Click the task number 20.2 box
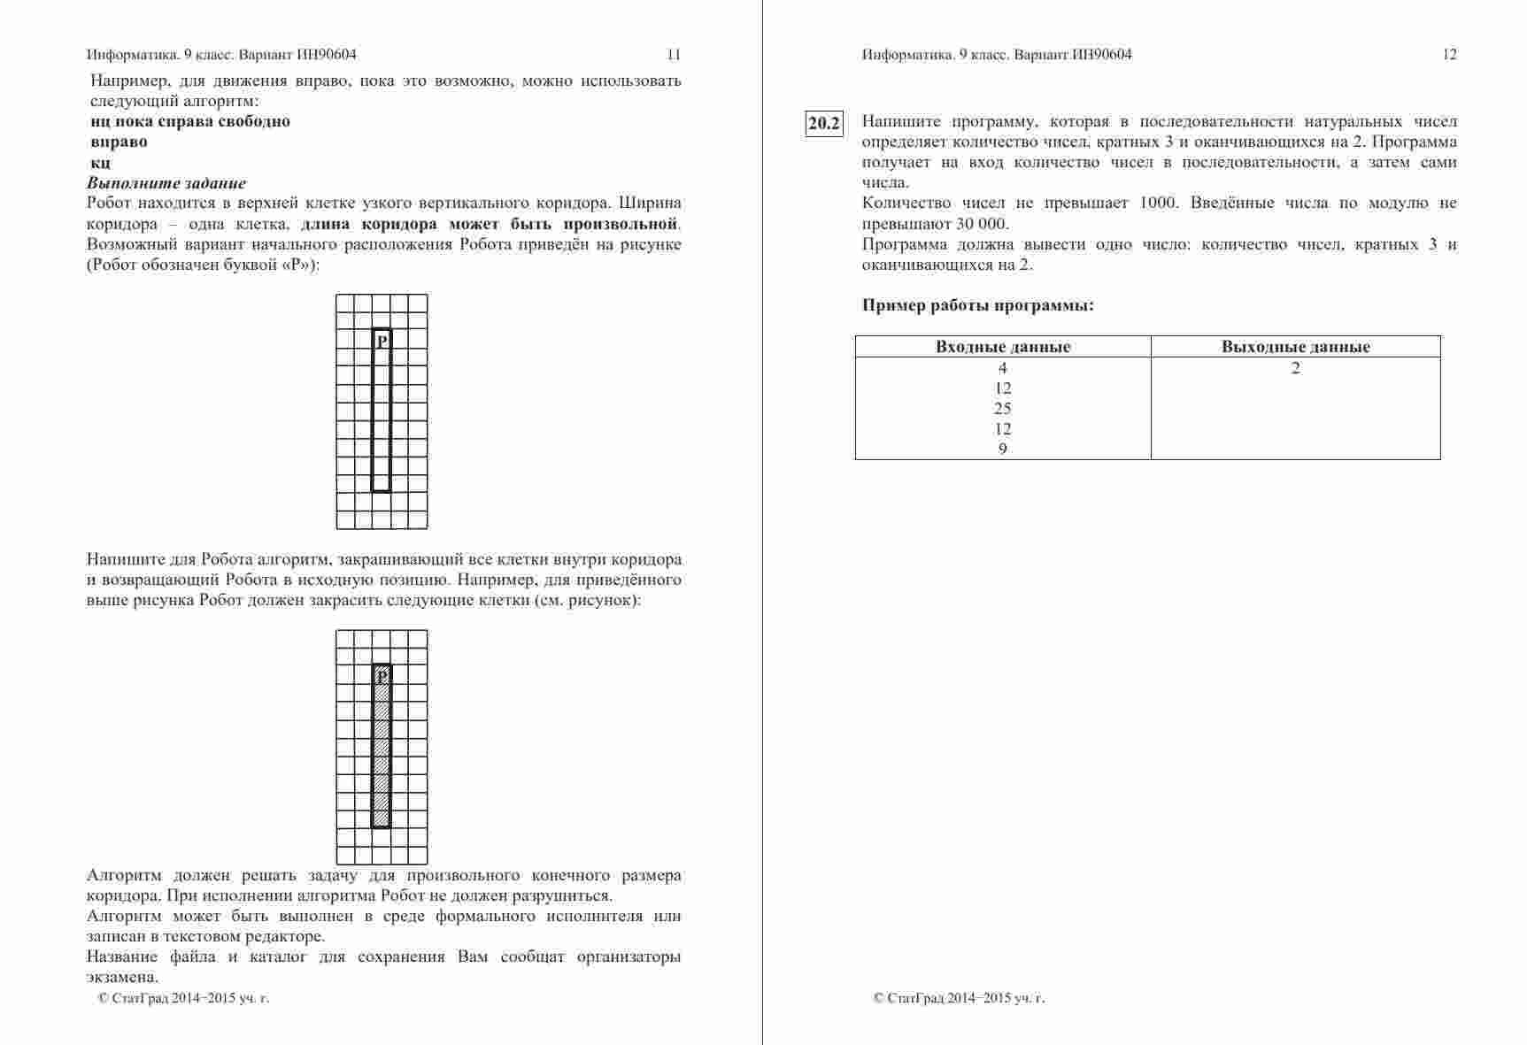click(823, 123)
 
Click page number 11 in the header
click(674, 55)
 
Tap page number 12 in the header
click(1449, 55)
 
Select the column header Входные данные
click(1003, 347)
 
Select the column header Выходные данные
click(1295, 347)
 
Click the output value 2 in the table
click(1295, 368)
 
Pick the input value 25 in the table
click(1002, 409)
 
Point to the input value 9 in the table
click(1002, 449)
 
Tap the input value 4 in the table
click(1002, 368)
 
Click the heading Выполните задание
click(166, 183)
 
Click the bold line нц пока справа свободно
click(190, 121)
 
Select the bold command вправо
click(119, 142)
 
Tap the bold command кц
click(100, 163)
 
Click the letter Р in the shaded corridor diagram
click(382, 676)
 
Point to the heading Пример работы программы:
click(977, 306)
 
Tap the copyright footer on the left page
click(183, 998)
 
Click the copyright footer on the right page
click(959, 998)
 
